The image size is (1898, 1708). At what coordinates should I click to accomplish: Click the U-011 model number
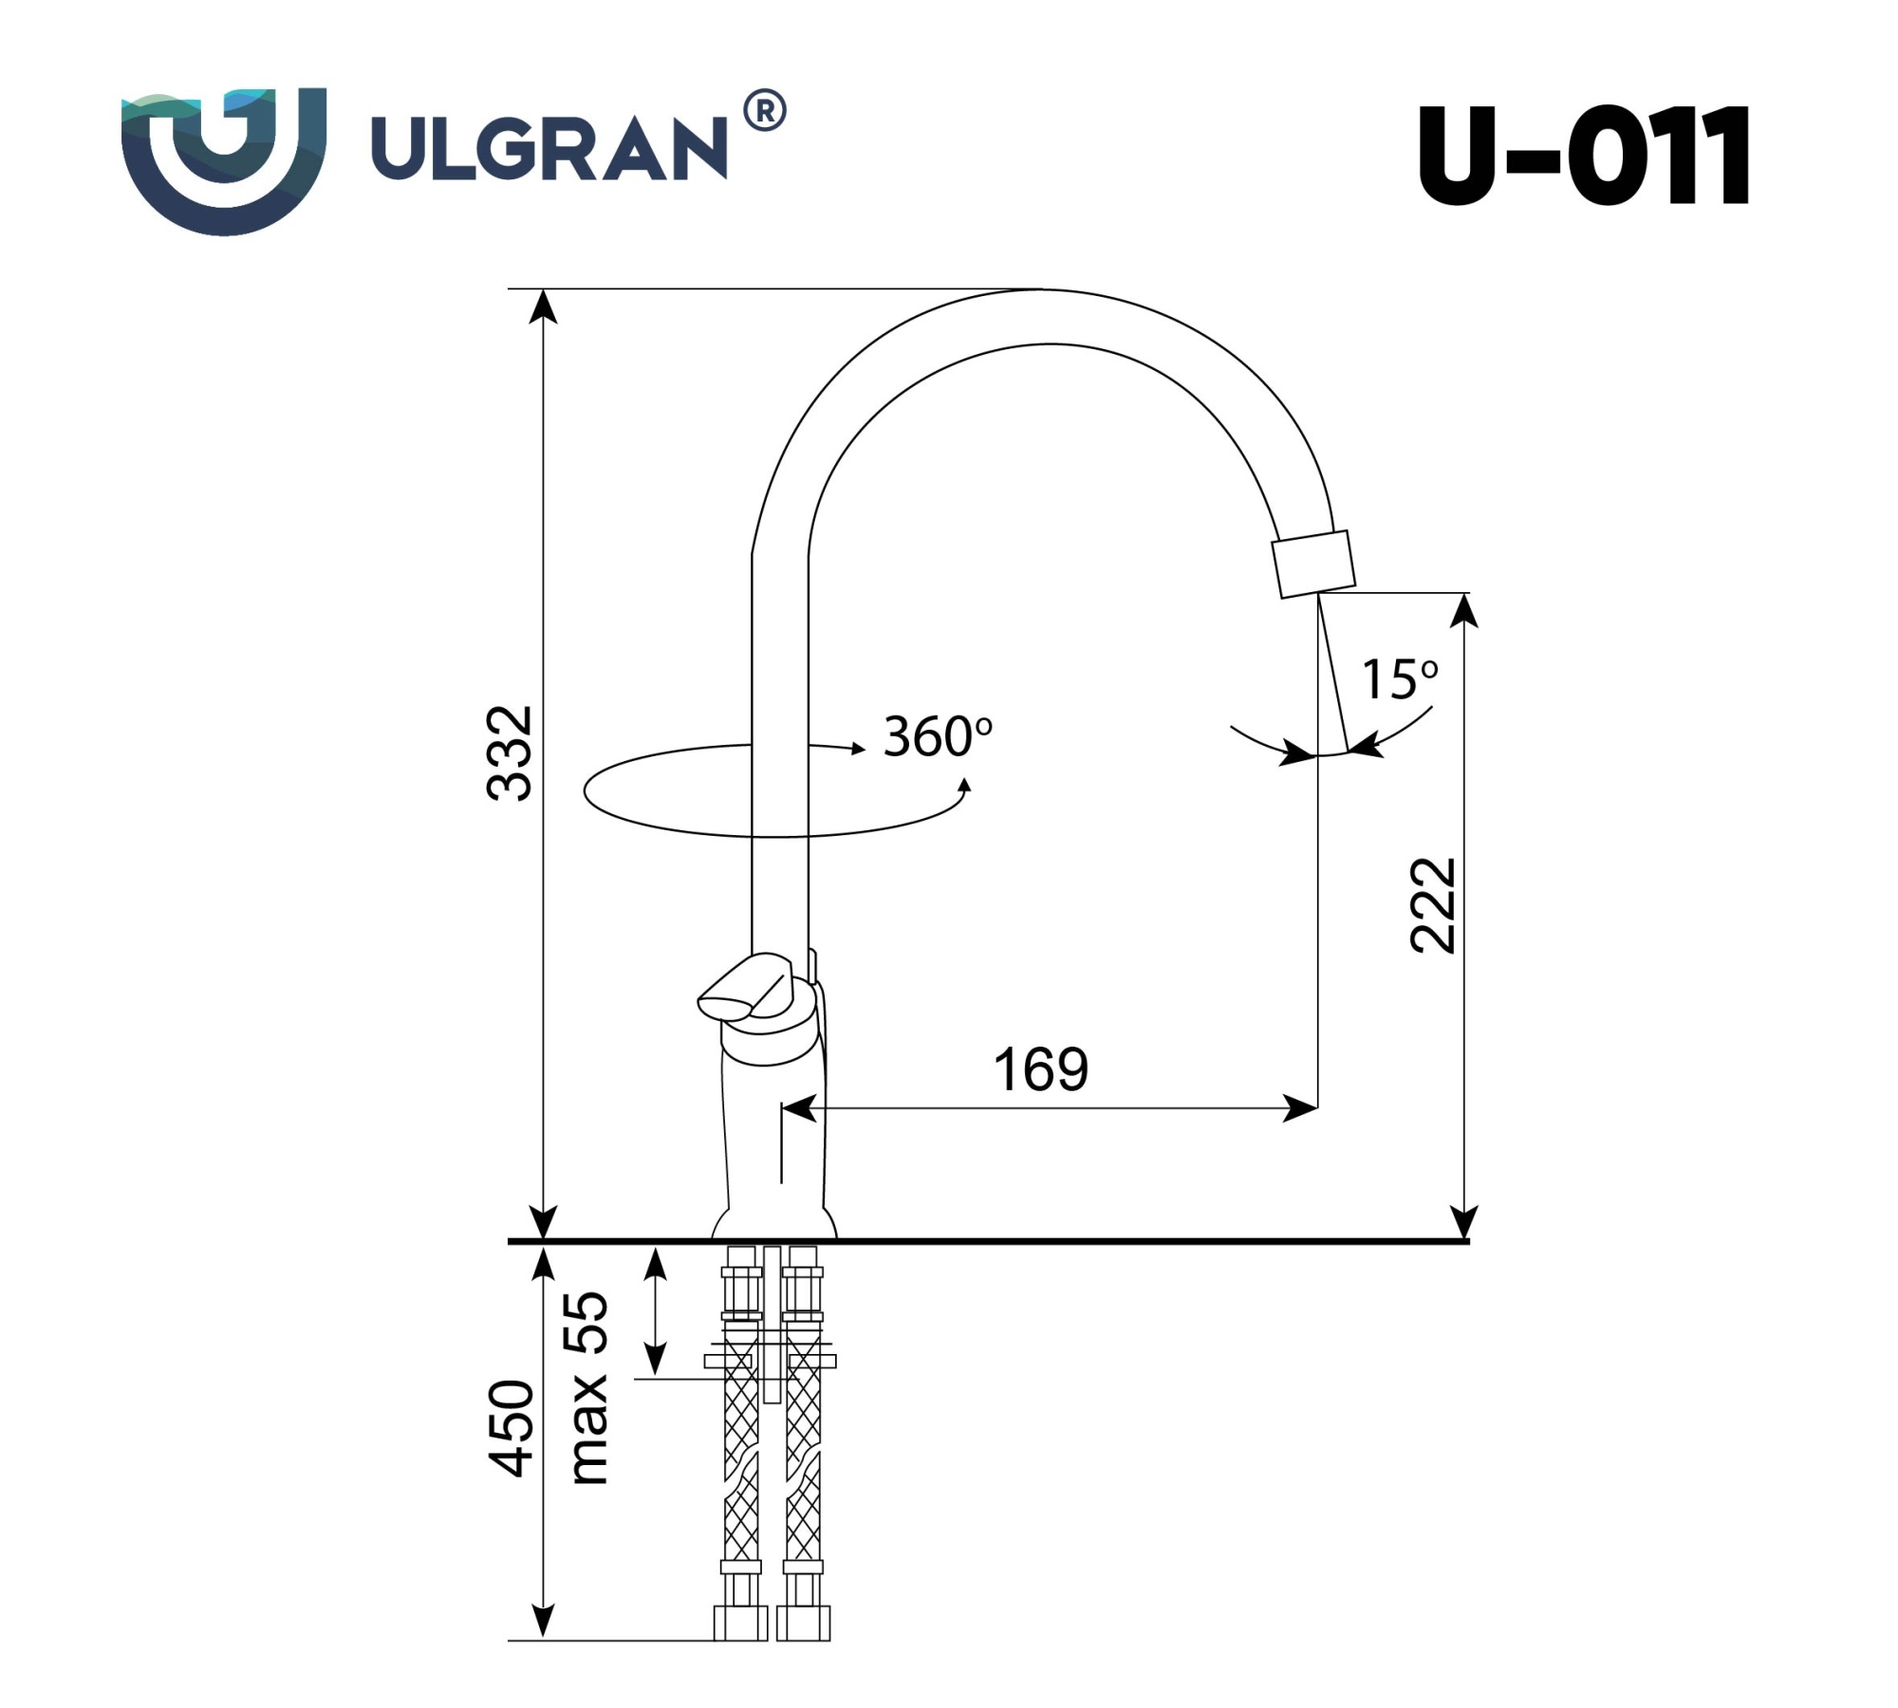(x=1583, y=156)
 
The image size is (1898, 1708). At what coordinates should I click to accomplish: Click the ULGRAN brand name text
(x=549, y=148)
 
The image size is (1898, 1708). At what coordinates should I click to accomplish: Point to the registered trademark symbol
(x=764, y=111)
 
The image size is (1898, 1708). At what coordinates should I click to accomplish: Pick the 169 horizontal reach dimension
(x=1041, y=1069)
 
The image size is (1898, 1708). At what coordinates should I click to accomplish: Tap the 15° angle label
(x=1399, y=679)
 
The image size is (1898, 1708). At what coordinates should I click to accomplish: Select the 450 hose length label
(x=512, y=1428)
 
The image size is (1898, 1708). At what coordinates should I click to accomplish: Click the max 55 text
(x=588, y=1387)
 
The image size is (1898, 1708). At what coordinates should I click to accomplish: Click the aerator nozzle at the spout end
(x=1314, y=564)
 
